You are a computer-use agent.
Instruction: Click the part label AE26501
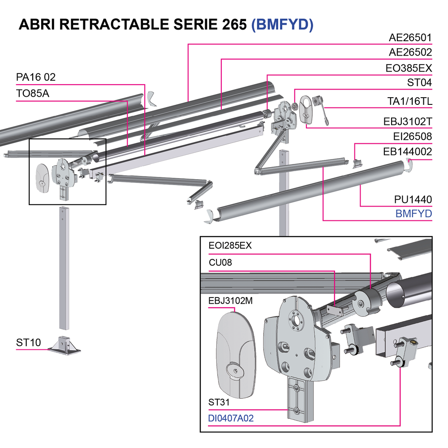pyautogui.click(x=410, y=38)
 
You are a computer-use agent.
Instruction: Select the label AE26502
pyautogui.click(x=410, y=53)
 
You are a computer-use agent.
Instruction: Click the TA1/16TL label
pyautogui.click(x=409, y=102)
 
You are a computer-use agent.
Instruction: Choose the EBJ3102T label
pyautogui.click(x=408, y=121)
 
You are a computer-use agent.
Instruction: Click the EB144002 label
pyautogui.click(x=408, y=151)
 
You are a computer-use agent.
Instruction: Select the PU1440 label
pyautogui.click(x=413, y=199)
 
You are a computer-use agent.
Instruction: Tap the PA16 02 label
pyautogui.click(x=36, y=78)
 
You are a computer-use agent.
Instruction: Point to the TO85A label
pyautogui.click(x=33, y=94)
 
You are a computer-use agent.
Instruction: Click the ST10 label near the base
pyautogui.click(x=28, y=343)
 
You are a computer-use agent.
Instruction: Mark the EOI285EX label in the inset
pyautogui.click(x=230, y=246)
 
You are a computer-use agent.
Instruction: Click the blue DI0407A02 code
pyautogui.click(x=231, y=418)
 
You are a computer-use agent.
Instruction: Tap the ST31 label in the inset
pyautogui.click(x=219, y=403)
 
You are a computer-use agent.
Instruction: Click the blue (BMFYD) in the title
pyautogui.click(x=282, y=25)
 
